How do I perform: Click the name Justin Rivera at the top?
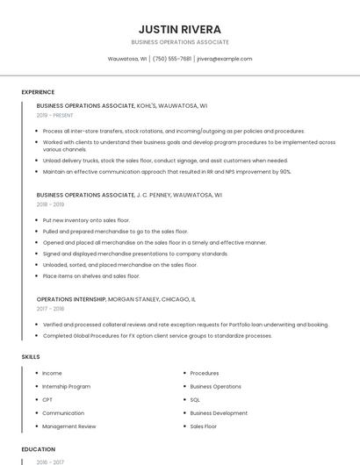179,29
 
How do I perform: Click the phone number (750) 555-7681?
172,59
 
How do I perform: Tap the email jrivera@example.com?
225,59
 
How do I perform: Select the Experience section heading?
38,92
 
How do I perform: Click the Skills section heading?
31,357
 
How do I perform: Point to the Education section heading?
38,449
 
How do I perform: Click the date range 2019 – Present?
55,115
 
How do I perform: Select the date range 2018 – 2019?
51,204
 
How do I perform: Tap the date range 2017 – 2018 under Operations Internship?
51,309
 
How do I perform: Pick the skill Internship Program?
66,386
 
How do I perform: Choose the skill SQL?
196,399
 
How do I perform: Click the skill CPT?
47,399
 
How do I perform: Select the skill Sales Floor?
204,426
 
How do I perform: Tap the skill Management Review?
68,426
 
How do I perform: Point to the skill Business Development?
219,412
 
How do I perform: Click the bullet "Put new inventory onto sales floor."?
86,220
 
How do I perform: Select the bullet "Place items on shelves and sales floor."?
91,276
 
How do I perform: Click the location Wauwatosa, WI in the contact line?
126,59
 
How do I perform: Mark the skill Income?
52,373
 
